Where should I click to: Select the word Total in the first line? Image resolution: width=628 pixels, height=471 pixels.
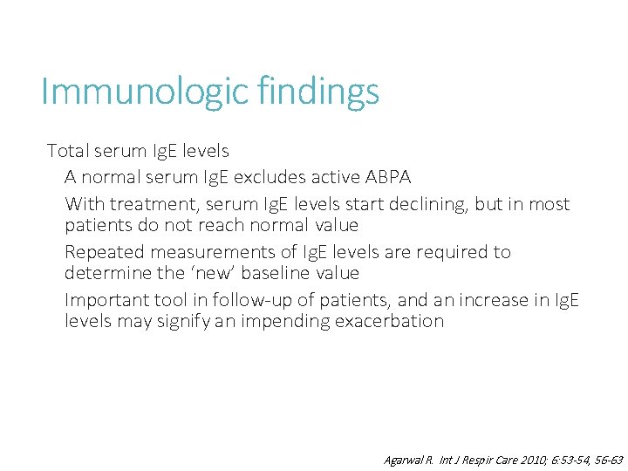click(68, 151)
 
